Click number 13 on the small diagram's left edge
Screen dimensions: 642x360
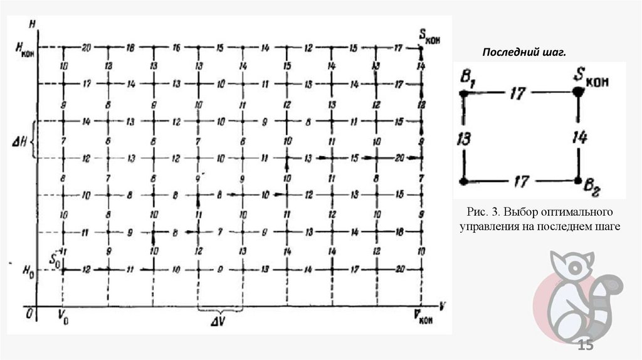click(464, 137)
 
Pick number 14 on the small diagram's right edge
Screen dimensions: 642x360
click(579, 136)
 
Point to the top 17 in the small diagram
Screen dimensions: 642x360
click(517, 93)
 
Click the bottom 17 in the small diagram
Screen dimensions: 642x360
click(521, 182)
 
